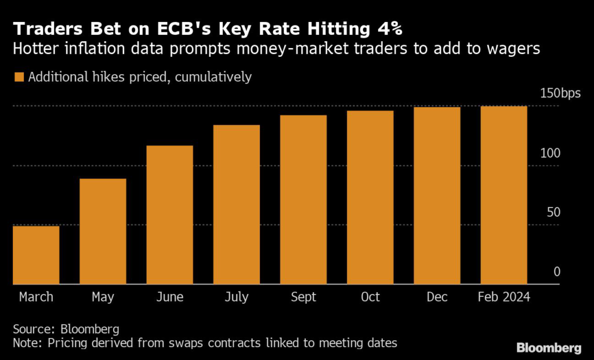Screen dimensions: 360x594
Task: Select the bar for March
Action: [36, 254]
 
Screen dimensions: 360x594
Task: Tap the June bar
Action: [169, 214]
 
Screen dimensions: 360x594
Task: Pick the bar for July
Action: [236, 204]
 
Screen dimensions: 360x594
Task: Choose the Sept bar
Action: [303, 199]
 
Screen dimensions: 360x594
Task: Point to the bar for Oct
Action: [370, 197]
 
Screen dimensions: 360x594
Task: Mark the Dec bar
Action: [437, 195]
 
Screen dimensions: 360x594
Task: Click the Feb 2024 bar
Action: [504, 195]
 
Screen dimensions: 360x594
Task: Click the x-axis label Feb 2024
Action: [504, 297]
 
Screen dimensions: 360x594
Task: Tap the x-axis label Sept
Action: [303, 297]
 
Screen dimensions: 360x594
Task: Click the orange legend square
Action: [19, 77]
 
